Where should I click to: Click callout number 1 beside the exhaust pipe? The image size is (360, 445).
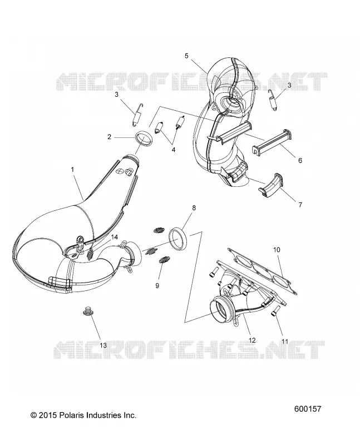72,170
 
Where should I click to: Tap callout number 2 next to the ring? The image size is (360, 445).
109,137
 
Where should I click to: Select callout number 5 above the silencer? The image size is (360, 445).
186,56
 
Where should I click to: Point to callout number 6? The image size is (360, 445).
300,161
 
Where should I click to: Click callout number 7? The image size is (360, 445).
300,205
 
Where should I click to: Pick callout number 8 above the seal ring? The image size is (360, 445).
194,208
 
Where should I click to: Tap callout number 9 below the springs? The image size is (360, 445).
157,286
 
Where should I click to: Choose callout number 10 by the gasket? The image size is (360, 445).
277,250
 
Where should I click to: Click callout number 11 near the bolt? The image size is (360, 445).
285,342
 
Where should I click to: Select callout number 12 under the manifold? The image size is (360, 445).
252,340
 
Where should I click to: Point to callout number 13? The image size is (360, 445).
103,345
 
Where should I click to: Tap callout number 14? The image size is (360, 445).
114,238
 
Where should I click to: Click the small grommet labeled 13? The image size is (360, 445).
87,311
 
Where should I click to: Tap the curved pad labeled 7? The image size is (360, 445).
271,185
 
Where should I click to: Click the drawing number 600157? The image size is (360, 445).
308,409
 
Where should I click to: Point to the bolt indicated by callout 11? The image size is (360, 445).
274,312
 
